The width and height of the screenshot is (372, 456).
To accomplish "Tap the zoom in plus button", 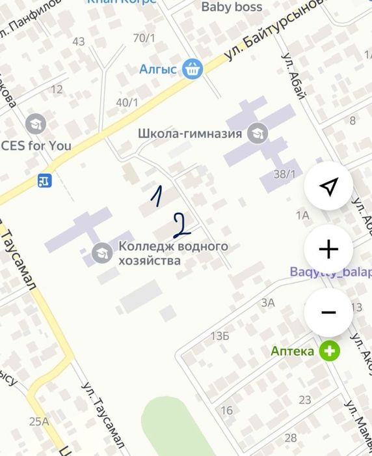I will coord(328,249).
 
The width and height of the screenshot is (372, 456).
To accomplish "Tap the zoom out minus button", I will coord(328,313).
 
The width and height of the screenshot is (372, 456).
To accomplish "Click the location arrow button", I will coord(328,187).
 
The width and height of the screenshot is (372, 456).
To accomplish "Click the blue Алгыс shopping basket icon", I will coord(193,68).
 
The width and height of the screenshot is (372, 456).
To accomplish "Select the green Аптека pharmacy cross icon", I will coord(330,351).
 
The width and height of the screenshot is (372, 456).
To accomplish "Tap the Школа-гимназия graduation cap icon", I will coord(258,134).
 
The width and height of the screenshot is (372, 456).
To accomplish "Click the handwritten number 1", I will coord(156,196).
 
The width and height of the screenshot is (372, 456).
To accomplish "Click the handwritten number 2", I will coord(181,223).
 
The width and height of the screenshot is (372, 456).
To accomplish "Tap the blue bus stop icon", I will coord(45,180).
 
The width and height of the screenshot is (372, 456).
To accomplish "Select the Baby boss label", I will coord(232,7).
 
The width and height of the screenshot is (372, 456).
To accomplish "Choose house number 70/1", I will coord(144,38).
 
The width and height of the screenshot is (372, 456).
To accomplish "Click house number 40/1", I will coord(127,102).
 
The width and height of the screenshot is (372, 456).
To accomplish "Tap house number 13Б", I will coord(220,336).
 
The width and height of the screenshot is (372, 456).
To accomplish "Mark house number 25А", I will coord(39,421).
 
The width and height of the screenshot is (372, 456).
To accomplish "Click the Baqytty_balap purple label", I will coord(330,272).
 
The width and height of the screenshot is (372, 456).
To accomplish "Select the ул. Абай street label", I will coord(293,76).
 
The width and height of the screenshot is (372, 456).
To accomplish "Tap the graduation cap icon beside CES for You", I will coord(35,123).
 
